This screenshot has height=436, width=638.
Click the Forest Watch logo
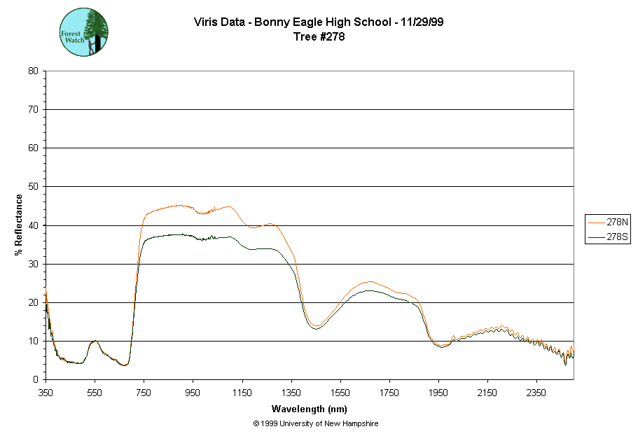coord(84,32)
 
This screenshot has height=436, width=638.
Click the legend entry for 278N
coord(607,222)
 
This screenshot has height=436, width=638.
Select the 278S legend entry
coord(607,237)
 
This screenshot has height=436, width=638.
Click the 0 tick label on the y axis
coord(36,379)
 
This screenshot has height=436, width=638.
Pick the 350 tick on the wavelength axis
coord(46,393)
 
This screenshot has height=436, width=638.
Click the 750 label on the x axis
coord(144,393)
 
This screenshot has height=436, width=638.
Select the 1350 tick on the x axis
coord(291,393)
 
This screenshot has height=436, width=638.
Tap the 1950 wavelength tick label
coord(438,393)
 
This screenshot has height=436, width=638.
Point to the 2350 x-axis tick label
coord(536,393)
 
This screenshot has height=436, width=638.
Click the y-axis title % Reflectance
coord(19,225)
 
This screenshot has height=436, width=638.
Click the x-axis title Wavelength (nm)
coord(310,409)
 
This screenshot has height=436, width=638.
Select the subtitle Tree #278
coord(319,37)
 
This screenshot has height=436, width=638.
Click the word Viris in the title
coord(206,22)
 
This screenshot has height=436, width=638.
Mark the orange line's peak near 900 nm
coord(179,205)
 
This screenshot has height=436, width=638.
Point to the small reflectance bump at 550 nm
coord(95,341)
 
